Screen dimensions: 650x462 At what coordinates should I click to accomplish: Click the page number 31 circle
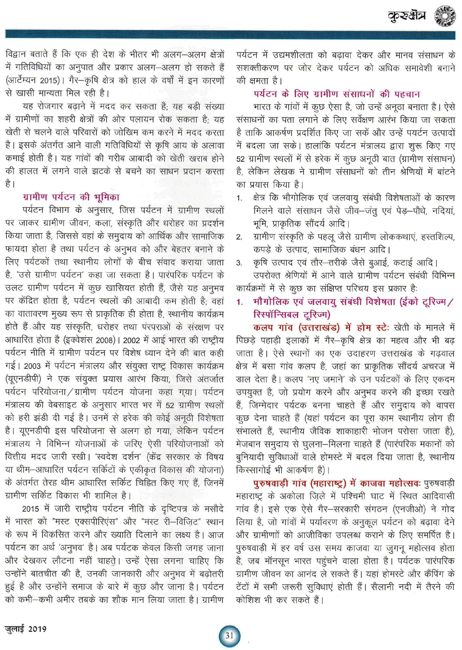pyautogui.click(x=230, y=636)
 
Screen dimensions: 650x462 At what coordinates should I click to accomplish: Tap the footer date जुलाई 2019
pyautogui.click(x=26, y=629)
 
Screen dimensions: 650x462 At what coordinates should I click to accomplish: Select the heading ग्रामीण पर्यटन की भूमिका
pyautogui.click(x=71, y=197)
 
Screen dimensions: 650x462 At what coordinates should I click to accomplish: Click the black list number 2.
pyautogui.click(x=239, y=237)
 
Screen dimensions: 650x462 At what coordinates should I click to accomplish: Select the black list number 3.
pyautogui.click(x=239, y=263)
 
